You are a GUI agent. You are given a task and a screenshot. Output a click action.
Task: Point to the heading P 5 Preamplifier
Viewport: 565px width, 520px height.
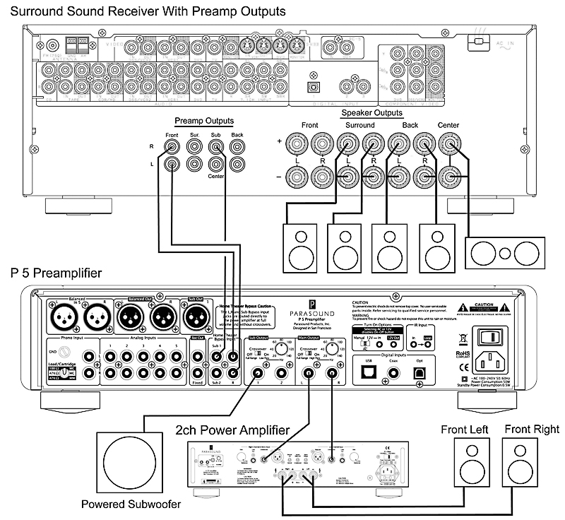[x=56, y=273]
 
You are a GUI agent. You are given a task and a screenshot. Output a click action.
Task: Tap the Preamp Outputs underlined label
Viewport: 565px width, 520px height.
[x=203, y=120]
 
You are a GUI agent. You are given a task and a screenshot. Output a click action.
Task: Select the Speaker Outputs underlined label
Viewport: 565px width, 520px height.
[x=371, y=113]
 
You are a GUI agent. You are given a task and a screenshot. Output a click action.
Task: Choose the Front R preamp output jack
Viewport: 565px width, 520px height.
[x=172, y=147]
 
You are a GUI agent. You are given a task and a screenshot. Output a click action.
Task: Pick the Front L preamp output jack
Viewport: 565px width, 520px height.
[x=172, y=165]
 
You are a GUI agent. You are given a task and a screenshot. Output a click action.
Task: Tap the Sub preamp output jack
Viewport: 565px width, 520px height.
[x=217, y=147]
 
